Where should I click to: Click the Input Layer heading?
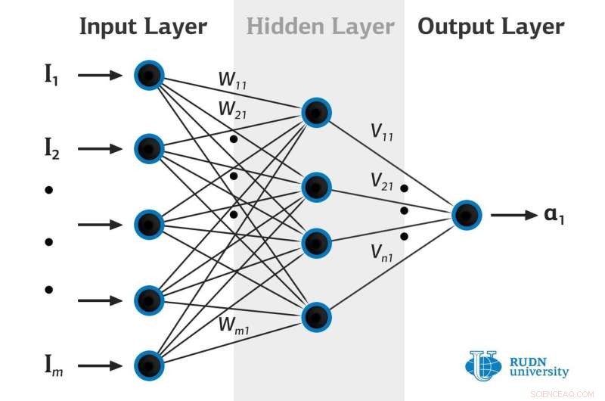(143, 27)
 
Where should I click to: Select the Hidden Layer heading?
(320, 27)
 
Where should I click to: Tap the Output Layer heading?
(491, 27)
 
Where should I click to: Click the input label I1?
(51, 75)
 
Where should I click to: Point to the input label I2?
(51, 149)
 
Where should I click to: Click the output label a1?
(554, 216)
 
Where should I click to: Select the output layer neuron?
(467, 215)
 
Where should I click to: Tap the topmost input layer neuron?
(149, 74)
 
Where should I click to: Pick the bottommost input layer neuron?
(149, 365)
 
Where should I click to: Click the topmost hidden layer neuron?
(316, 112)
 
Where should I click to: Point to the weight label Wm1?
(234, 326)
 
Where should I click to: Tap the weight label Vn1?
(382, 251)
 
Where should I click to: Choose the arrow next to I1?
(99, 75)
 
